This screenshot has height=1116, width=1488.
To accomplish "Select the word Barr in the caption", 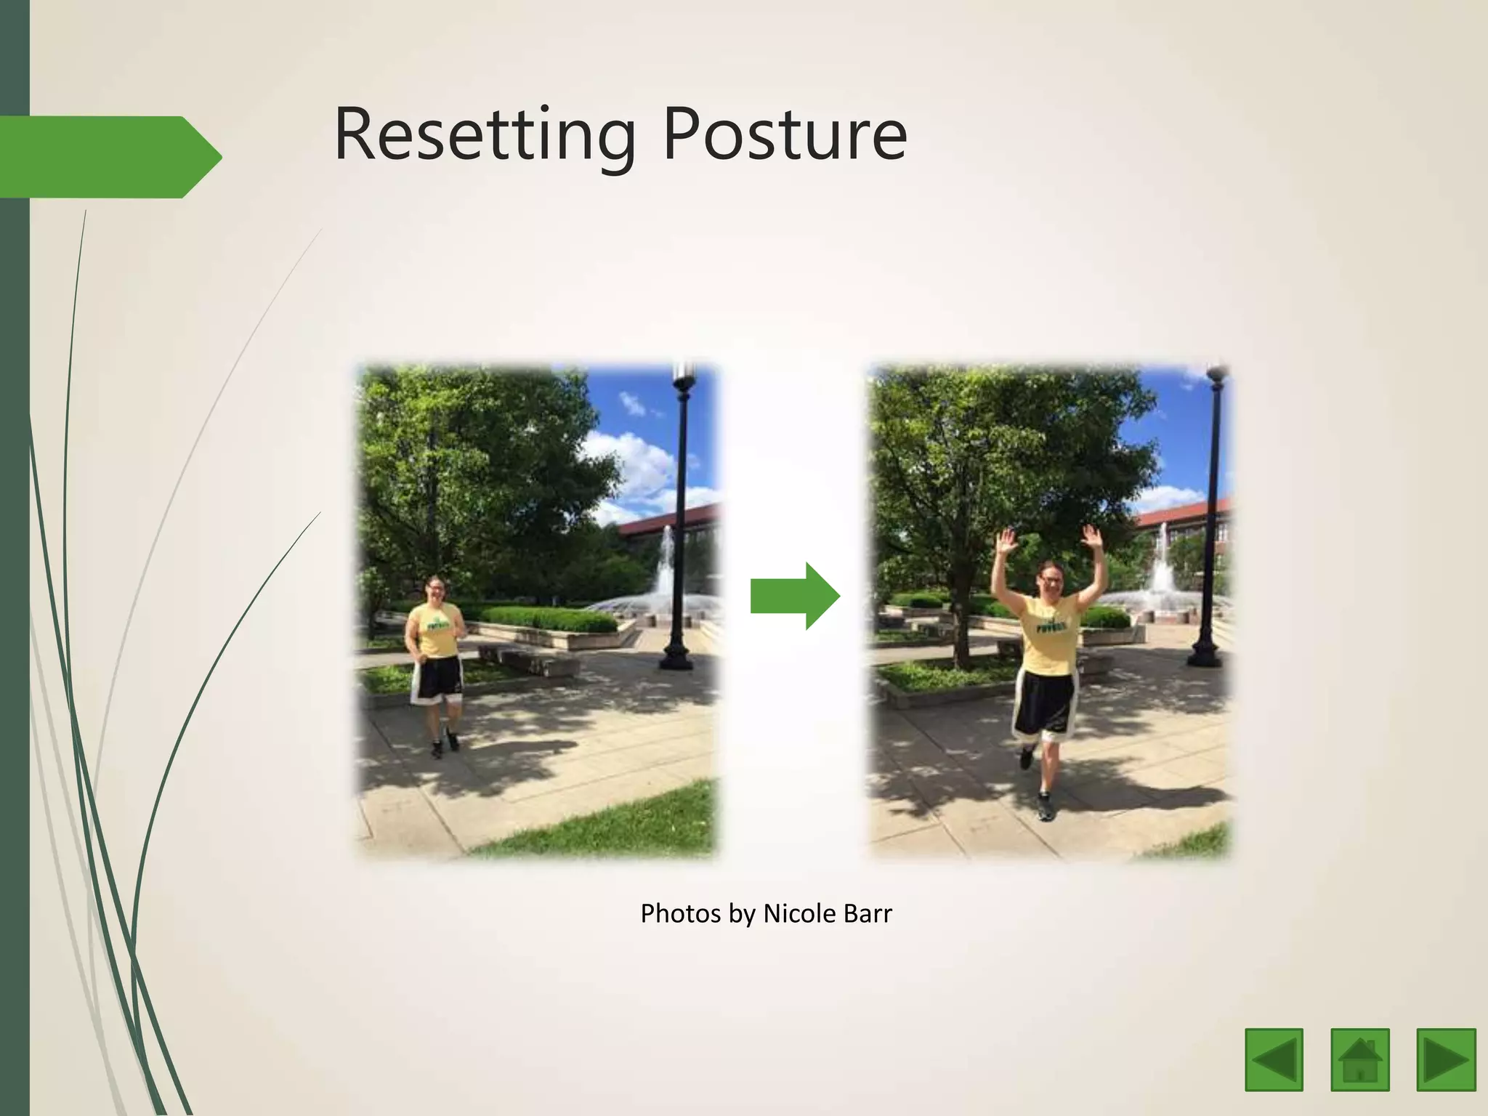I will (868, 913).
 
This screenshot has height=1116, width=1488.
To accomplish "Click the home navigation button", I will (1360, 1059).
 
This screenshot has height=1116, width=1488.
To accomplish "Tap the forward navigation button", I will (1446, 1059).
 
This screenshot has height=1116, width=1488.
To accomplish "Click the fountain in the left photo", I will (665, 581).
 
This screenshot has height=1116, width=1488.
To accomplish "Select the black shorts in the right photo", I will (1045, 701).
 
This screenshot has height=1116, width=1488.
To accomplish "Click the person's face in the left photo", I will (437, 589).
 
